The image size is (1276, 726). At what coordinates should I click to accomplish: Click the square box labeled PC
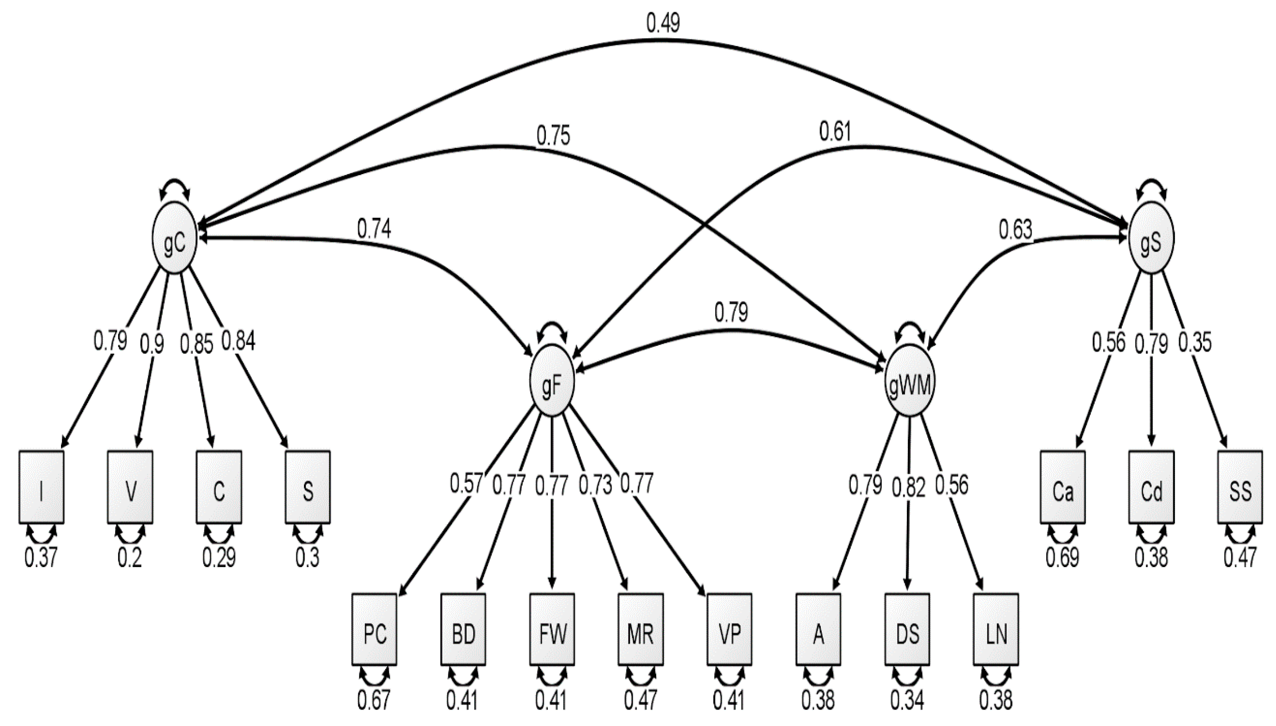click(x=374, y=629)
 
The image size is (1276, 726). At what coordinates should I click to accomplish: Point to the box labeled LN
click(x=996, y=629)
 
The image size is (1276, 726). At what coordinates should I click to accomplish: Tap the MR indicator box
click(x=641, y=629)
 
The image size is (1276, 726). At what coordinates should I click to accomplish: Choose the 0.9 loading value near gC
click(x=152, y=343)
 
